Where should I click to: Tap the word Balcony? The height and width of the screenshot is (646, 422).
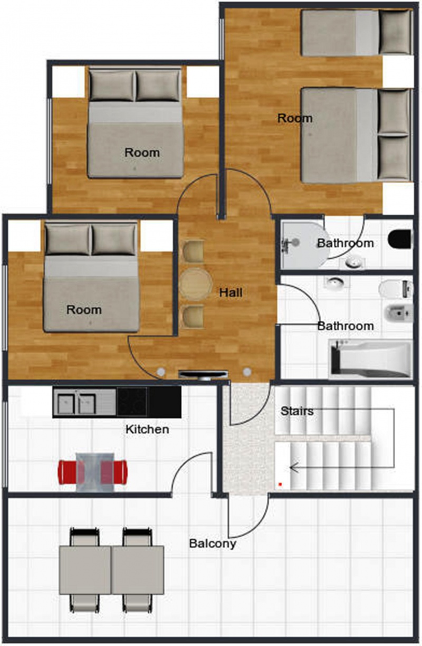213,544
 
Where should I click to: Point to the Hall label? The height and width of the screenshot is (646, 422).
231,293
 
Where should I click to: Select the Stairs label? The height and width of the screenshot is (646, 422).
297,411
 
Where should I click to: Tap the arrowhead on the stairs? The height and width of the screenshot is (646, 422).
293,467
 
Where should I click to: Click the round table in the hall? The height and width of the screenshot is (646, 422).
196,284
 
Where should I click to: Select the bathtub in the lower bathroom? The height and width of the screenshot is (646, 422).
371,359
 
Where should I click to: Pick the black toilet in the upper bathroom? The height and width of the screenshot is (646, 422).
399,239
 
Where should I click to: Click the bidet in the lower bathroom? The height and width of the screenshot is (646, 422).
399,312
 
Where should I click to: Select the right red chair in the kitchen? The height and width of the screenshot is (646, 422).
114,472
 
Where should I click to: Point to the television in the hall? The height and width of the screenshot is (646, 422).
203,374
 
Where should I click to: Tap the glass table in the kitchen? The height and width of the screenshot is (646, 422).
95,472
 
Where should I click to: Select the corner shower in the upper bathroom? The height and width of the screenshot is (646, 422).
305,244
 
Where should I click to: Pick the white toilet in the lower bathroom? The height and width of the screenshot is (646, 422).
396,289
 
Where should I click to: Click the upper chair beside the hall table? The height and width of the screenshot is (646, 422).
193,251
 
